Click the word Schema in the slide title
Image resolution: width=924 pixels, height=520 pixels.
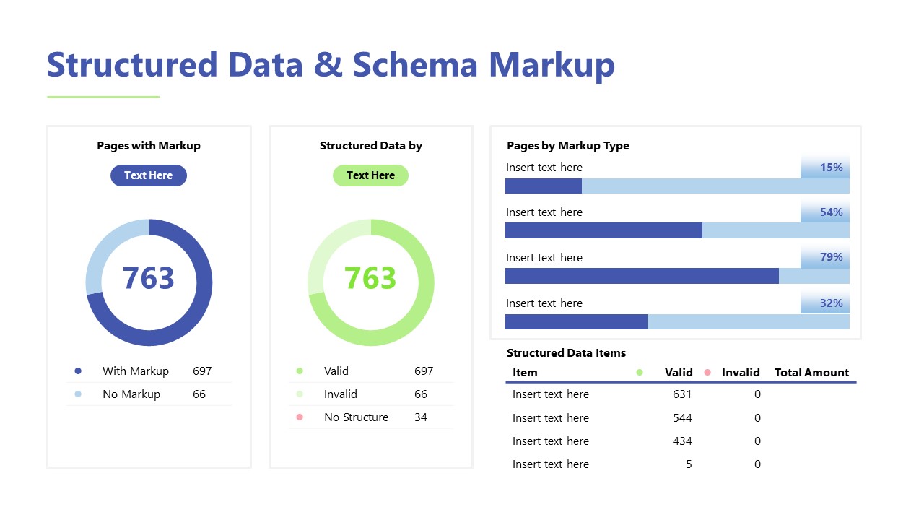coord(415,65)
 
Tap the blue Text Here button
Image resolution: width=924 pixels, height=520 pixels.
coord(148,175)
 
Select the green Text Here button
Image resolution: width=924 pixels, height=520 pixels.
coord(370,175)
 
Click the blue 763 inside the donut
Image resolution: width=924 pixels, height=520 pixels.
coord(148,278)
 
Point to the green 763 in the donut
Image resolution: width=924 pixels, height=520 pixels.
coord(370,278)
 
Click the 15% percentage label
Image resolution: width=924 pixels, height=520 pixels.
coord(831,168)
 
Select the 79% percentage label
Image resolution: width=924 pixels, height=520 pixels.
coord(831,257)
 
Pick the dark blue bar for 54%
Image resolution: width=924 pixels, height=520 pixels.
coord(603,230)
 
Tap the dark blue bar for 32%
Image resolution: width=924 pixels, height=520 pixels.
coord(576,321)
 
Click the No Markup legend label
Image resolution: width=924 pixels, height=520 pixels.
coord(131,394)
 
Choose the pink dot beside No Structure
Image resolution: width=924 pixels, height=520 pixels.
coord(300,417)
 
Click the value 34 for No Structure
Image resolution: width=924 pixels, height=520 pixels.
coord(421,417)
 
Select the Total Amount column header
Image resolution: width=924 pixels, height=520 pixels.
coord(811,373)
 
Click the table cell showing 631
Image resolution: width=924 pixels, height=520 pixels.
coord(681,394)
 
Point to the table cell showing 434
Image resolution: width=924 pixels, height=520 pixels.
coord(681,441)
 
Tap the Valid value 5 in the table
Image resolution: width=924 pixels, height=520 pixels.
coord(689,464)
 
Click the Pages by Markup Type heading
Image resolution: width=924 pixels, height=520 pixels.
coord(568,146)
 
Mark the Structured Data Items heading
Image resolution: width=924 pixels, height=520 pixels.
coord(566,353)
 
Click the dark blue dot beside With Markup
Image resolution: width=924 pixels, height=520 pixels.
coord(78,371)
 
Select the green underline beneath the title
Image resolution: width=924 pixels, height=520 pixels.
coord(103,97)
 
